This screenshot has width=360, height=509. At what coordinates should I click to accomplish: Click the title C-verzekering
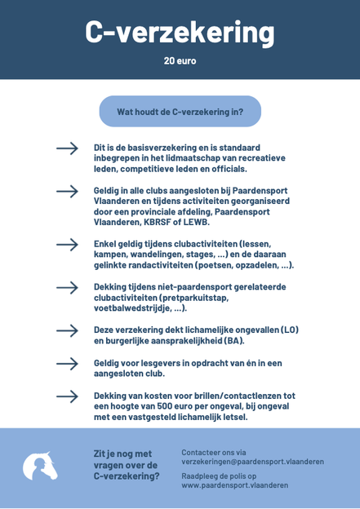[180, 32]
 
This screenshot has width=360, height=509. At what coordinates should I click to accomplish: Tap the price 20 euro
[180, 61]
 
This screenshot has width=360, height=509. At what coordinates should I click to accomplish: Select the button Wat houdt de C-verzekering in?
[180, 112]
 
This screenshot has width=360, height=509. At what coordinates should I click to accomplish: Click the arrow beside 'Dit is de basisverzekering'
[67, 148]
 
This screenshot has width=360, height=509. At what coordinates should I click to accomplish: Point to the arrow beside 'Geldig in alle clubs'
[67, 191]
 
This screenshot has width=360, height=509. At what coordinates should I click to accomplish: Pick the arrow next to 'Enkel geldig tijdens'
[67, 244]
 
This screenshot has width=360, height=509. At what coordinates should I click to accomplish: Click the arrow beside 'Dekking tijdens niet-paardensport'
[67, 287]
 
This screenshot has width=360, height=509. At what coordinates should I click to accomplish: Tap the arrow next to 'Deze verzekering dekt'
[67, 330]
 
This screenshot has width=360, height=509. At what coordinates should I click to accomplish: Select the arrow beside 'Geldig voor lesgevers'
[67, 363]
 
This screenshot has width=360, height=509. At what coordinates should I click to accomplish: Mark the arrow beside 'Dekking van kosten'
[67, 396]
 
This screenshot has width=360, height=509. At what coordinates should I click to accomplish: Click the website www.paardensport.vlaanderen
[234, 485]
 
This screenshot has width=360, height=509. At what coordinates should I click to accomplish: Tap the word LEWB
[197, 222]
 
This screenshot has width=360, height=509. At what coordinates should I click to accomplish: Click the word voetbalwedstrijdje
[136, 308]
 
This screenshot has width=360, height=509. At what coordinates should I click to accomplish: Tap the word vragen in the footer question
[114, 464]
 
